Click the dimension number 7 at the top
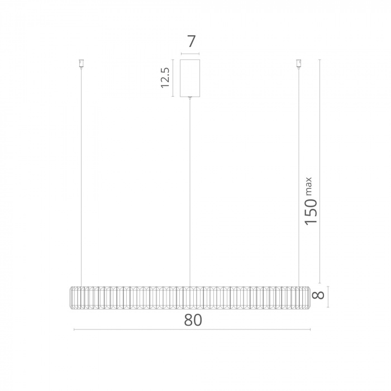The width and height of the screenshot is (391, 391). point(191,41)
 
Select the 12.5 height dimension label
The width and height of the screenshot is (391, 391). point(165,78)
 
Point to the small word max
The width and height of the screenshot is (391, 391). point(308,186)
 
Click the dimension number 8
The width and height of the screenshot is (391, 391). point(318,295)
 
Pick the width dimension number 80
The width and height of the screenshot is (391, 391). point(193,320)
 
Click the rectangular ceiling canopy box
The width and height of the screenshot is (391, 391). point(190,78)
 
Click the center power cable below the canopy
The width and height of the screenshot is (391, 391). point(190,193)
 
